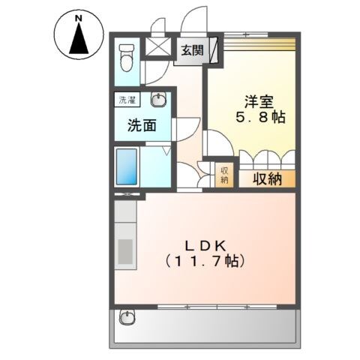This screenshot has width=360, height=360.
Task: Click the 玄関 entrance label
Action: click(x=191, y=51)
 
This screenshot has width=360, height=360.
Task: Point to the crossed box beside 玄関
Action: click(x=158, y=46)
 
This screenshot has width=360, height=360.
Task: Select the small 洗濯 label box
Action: click(x=126, y=99)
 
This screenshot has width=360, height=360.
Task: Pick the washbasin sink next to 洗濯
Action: click(x=159, y=100)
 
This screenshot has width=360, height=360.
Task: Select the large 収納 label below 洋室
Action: click(x=266, y=178)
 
